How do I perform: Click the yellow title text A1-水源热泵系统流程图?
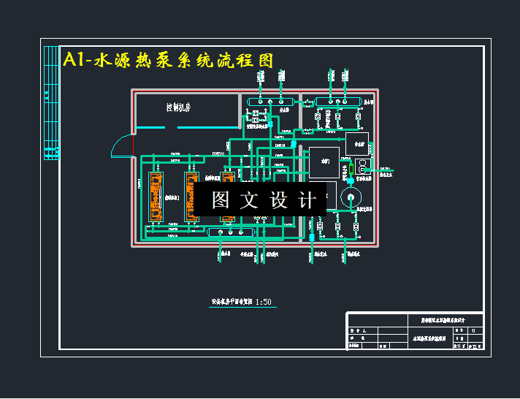point(169,60)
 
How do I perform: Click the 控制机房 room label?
point(178,108)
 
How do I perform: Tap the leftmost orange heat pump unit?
point(155,197)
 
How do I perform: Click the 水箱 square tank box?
point(324,162)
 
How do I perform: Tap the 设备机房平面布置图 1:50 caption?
point(242,301)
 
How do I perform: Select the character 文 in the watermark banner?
point(249,200)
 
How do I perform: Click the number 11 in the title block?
point(473,330)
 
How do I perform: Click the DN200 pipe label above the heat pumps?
point(219,153)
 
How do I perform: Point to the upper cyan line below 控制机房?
point(208,128)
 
